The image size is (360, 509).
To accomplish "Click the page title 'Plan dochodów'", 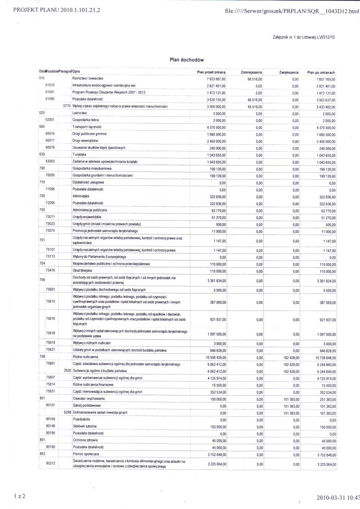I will [x=187, y=59].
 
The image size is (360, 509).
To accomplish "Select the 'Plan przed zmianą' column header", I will [x=211, y=72].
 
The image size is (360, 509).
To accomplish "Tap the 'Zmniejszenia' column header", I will [x=252, y=72].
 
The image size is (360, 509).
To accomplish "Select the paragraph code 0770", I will [x=67, y=106].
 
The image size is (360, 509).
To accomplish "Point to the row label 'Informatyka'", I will [x=81, y=197].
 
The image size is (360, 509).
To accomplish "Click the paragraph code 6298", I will [x=67, y=413].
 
